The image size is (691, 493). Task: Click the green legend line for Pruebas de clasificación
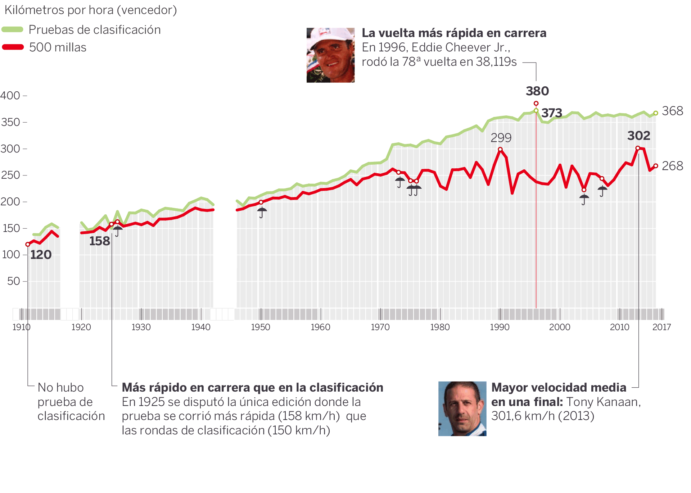pos(13,29)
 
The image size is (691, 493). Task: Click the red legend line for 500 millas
pos(13,47)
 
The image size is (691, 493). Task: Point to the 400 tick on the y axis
pos(10,96)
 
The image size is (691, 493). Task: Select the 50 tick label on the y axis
pos(14,281)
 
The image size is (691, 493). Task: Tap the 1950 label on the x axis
pos(261,327)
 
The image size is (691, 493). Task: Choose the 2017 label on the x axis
pos(661,327)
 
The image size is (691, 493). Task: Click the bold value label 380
pos(537,91)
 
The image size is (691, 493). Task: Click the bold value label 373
pos(552,113)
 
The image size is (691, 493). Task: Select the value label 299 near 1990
pos(501,138)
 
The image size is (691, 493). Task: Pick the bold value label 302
pos(639,136)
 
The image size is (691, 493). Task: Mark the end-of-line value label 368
pos(672,111)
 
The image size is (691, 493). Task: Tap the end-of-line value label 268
pos(672,166)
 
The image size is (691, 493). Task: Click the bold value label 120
pos(41,255)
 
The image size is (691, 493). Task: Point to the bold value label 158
pos(100,241)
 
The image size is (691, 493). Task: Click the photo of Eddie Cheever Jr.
pos(330,55)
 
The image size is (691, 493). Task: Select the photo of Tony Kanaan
pos(462,408)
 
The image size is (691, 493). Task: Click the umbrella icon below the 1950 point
pos(262,212)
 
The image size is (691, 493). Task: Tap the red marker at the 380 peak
pos(536,104)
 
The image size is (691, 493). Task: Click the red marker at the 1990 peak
pos(500,149)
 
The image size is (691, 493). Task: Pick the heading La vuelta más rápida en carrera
pos(454,33)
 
